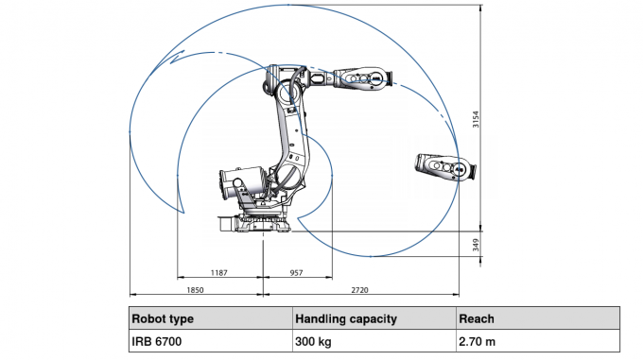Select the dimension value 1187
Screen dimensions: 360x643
pyautogui.click(x=219, y=273)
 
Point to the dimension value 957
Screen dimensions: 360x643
pyautogui.click(x=295, y=273)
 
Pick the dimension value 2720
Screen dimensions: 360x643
pyautogui.click(x=359, y=288)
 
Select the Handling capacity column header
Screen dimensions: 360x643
pyautogui.click(x=345, y=319)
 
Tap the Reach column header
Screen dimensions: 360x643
pyautogui.click(x=476, y=319)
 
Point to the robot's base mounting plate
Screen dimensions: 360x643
pyautogui.click(x=260, y=225)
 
